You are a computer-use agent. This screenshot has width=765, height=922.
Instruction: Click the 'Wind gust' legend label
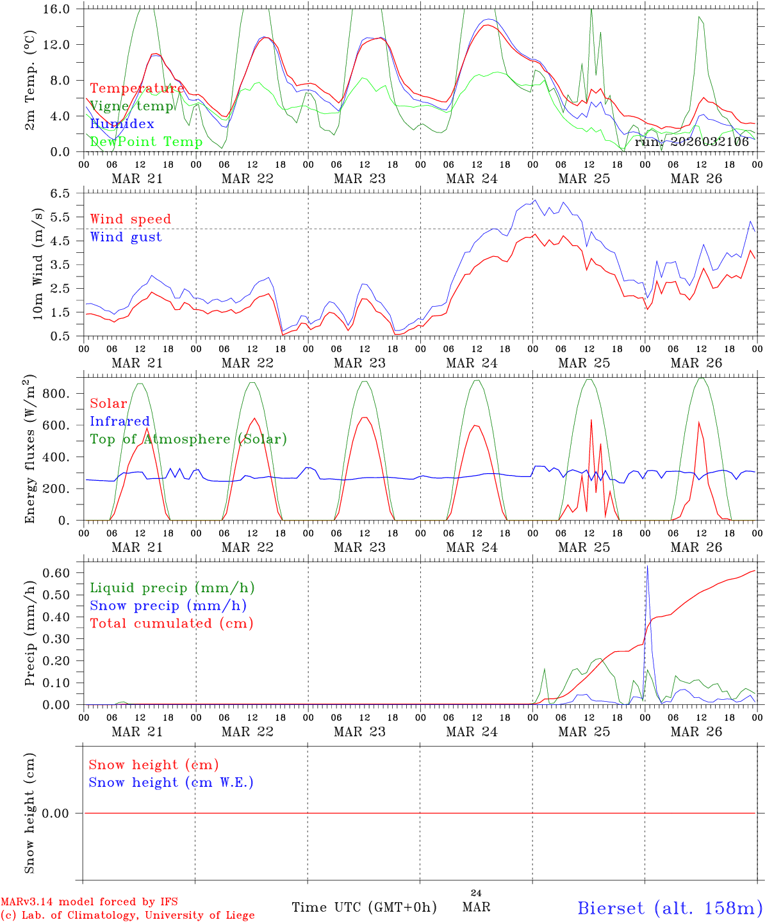pos(126,237)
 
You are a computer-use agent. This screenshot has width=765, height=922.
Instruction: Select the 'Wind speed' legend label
pos(130,219)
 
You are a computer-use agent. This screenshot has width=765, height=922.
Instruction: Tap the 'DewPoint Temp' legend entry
pos(146,142)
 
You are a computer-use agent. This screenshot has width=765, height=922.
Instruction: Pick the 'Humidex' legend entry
pos(122,124)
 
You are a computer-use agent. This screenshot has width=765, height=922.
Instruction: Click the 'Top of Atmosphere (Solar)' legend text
pos(188,439)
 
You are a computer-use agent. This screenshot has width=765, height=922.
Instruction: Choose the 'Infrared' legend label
pos(119,421)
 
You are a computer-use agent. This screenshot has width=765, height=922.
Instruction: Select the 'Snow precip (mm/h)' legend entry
pos(168,606)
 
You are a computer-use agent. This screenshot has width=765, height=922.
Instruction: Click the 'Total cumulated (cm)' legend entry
pos(171,623)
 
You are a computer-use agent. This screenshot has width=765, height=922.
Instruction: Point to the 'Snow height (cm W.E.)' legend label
pos(171,782)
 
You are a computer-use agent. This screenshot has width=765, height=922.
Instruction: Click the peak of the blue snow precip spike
pos(647,567)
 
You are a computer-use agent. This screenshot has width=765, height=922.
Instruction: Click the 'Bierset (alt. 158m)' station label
pos(670,907)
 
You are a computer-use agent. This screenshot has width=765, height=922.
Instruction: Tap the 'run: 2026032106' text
pos(691,142)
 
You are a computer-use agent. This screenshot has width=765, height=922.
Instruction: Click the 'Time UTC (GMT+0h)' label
pos(364,907)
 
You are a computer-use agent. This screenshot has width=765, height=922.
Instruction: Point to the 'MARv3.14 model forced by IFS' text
pos(89,902)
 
